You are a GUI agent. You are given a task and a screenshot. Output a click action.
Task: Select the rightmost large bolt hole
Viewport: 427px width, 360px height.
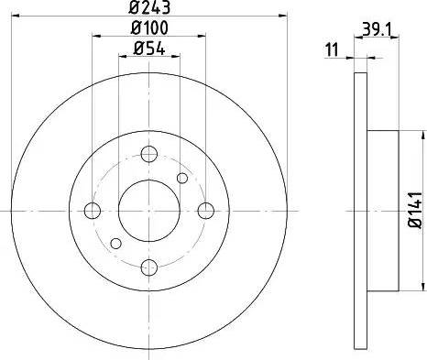tap(206, 211)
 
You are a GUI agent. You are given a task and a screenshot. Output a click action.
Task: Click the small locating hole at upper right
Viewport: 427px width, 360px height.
tap(182, 178)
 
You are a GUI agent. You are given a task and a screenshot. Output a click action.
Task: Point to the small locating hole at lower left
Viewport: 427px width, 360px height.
tap(115, 244)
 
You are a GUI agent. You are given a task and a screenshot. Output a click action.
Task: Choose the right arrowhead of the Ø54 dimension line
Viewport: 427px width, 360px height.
tap(177, 58)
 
